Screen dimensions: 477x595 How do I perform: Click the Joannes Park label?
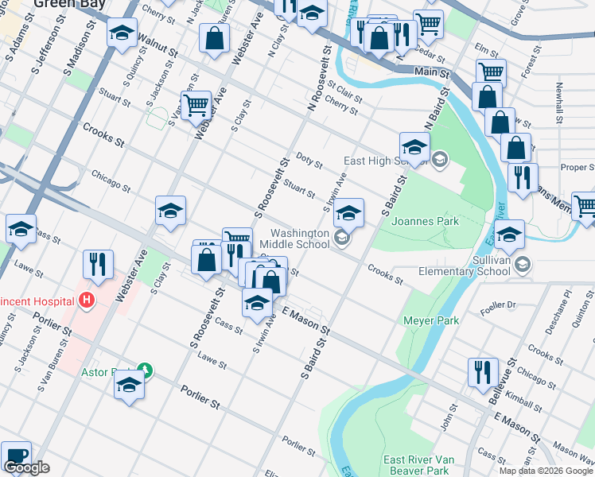(x=425, y=221)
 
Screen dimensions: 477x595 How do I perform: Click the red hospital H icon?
(x=87, y=301)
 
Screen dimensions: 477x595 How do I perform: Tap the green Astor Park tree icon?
(x=144, y=370)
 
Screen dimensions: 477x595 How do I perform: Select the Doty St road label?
(x=309, y=161)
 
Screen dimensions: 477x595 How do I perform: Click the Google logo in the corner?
(x=26, y=467)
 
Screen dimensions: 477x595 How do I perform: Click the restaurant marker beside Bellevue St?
(x=483, y=374)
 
